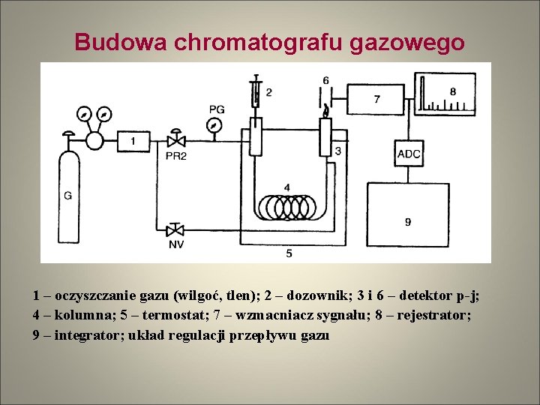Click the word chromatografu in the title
click(x=260, y=42)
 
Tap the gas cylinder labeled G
click(x=68, y=195)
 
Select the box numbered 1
click(x=133, y=140)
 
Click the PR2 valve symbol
click(x=177, y=140)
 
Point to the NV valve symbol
click(x=177, y=229)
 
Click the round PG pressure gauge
click(x=216, y=125)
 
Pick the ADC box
click(x=409, y=154)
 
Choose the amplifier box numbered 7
click(x=376, y=98)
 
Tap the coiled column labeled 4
click(x=287, y=205)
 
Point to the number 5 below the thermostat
click(x=289, y=254)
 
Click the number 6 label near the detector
click(x=325, y=80)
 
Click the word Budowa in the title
click(x=121, y=42)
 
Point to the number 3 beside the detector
click(x=338, y=151)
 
